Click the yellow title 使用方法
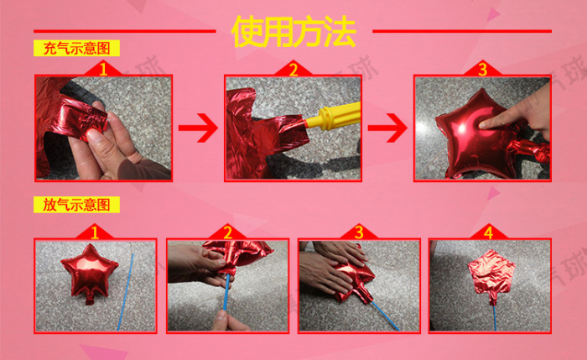[293, 31]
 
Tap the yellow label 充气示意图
[77, 49]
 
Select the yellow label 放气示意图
[77, 205]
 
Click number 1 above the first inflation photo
[103, 70]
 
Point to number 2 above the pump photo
[293, 70]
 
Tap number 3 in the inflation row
[482, 70]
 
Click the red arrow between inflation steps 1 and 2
[198, 128]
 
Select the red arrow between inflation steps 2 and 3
[387, 128]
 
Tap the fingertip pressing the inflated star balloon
[485, 124]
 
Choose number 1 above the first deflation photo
[95, 233]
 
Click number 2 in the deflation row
[227, 233]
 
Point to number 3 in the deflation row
[359, 233]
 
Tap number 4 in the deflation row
[489, 233]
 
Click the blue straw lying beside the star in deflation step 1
[126, 292]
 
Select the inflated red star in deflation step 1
[89, 273]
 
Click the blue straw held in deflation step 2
[226, 292]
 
